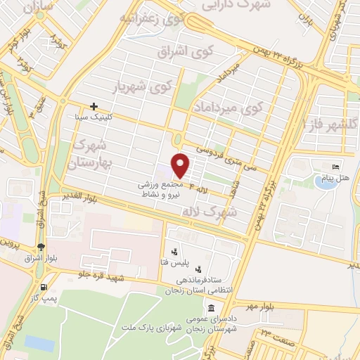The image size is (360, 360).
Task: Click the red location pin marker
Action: [x=181, y=165]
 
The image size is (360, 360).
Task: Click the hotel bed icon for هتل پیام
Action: [x=335, y=166]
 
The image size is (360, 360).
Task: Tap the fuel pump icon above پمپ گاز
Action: [x=45, y=287]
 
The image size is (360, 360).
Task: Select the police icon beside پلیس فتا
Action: [x=174, y=251]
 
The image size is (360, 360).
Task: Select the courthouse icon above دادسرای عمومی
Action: [x=211, y=309]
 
